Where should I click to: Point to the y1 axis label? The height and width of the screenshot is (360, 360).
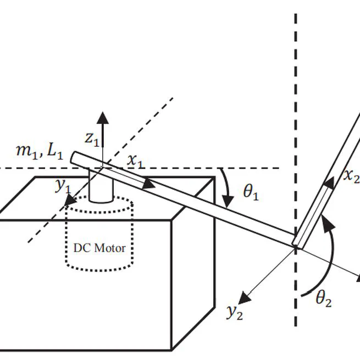click(63, 185)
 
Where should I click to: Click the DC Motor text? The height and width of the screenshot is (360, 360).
click(99, 247)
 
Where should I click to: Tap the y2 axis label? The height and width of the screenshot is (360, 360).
click(234, 312)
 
